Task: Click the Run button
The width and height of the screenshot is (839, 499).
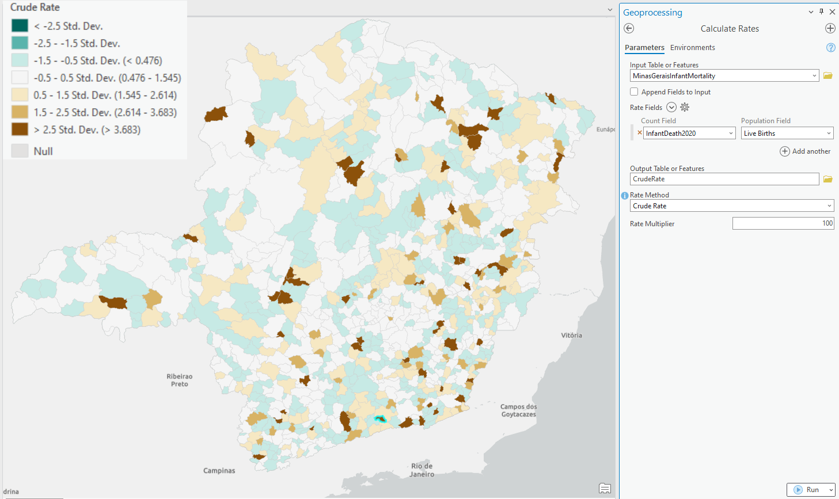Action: click(x=807, y=490)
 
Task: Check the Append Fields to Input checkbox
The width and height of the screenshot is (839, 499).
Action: click(x=634, y=92)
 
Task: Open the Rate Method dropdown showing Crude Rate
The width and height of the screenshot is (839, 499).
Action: click(x=731, y=206)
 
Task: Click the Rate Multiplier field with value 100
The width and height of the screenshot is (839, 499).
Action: click(x=783, y=223)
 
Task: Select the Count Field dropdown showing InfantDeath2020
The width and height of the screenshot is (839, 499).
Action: click(x=689, y=134)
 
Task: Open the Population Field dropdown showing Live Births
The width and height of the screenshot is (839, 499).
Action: click(x=787, y=134)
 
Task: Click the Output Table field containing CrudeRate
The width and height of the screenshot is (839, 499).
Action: click(x=724, y=179)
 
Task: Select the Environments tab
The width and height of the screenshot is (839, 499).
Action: click(x=692, y=48)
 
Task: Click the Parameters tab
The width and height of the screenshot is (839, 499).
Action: click(x=644, y=48)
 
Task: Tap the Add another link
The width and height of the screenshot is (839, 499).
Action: click(x=805, y=151)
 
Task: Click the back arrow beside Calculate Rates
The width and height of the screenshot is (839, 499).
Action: click(x=629, y=29)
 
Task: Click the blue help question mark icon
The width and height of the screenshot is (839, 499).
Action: click(x=830, y=48)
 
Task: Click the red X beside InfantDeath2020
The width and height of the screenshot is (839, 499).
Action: click(x=639, y=133)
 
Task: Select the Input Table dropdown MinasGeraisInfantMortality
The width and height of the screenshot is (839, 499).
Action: click(x=724, y=76)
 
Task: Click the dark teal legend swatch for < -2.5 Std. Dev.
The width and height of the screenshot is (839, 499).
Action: click(x=20, y=26)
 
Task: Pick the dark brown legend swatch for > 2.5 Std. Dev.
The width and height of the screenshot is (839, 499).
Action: click(x=20, y=129)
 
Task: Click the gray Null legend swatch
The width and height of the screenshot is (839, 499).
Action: click(x=20, y=151)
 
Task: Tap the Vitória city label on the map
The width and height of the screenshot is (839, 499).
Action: click(x=571, y=335)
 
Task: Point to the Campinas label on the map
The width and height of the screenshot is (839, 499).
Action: click(x=219, y=471)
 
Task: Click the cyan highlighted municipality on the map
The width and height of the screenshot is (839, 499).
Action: click(x=379, y=419)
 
